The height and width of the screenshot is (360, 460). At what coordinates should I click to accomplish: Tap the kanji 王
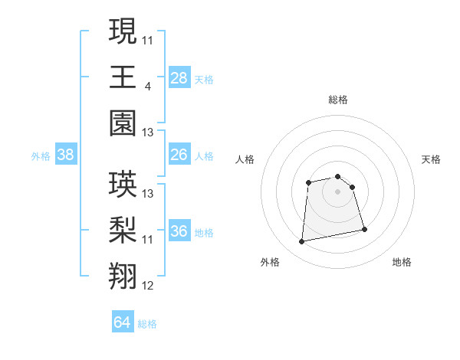123,77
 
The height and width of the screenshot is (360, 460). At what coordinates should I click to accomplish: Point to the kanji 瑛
123,185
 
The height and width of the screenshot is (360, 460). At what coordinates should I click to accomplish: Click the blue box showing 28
179,77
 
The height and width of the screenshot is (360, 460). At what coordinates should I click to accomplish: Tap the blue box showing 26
179,155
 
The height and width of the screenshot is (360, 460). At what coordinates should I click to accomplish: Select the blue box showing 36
179,231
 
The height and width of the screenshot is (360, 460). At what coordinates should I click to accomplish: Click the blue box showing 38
65,155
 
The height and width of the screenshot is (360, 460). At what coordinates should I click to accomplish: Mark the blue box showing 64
122,322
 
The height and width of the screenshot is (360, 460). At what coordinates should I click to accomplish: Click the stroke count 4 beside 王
146,87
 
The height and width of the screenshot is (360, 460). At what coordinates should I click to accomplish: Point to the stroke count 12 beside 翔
148,286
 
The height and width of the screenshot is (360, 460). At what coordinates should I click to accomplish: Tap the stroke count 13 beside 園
148,133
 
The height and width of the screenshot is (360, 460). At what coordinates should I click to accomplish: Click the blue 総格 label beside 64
147,324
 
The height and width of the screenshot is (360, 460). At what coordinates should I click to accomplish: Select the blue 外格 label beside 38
41,156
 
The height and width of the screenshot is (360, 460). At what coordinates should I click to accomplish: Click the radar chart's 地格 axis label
402,262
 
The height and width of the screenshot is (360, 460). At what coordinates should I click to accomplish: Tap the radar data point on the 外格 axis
302,242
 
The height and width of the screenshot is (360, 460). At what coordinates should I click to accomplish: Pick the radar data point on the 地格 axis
364,229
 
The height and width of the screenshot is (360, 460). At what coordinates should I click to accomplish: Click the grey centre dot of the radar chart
337,191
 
